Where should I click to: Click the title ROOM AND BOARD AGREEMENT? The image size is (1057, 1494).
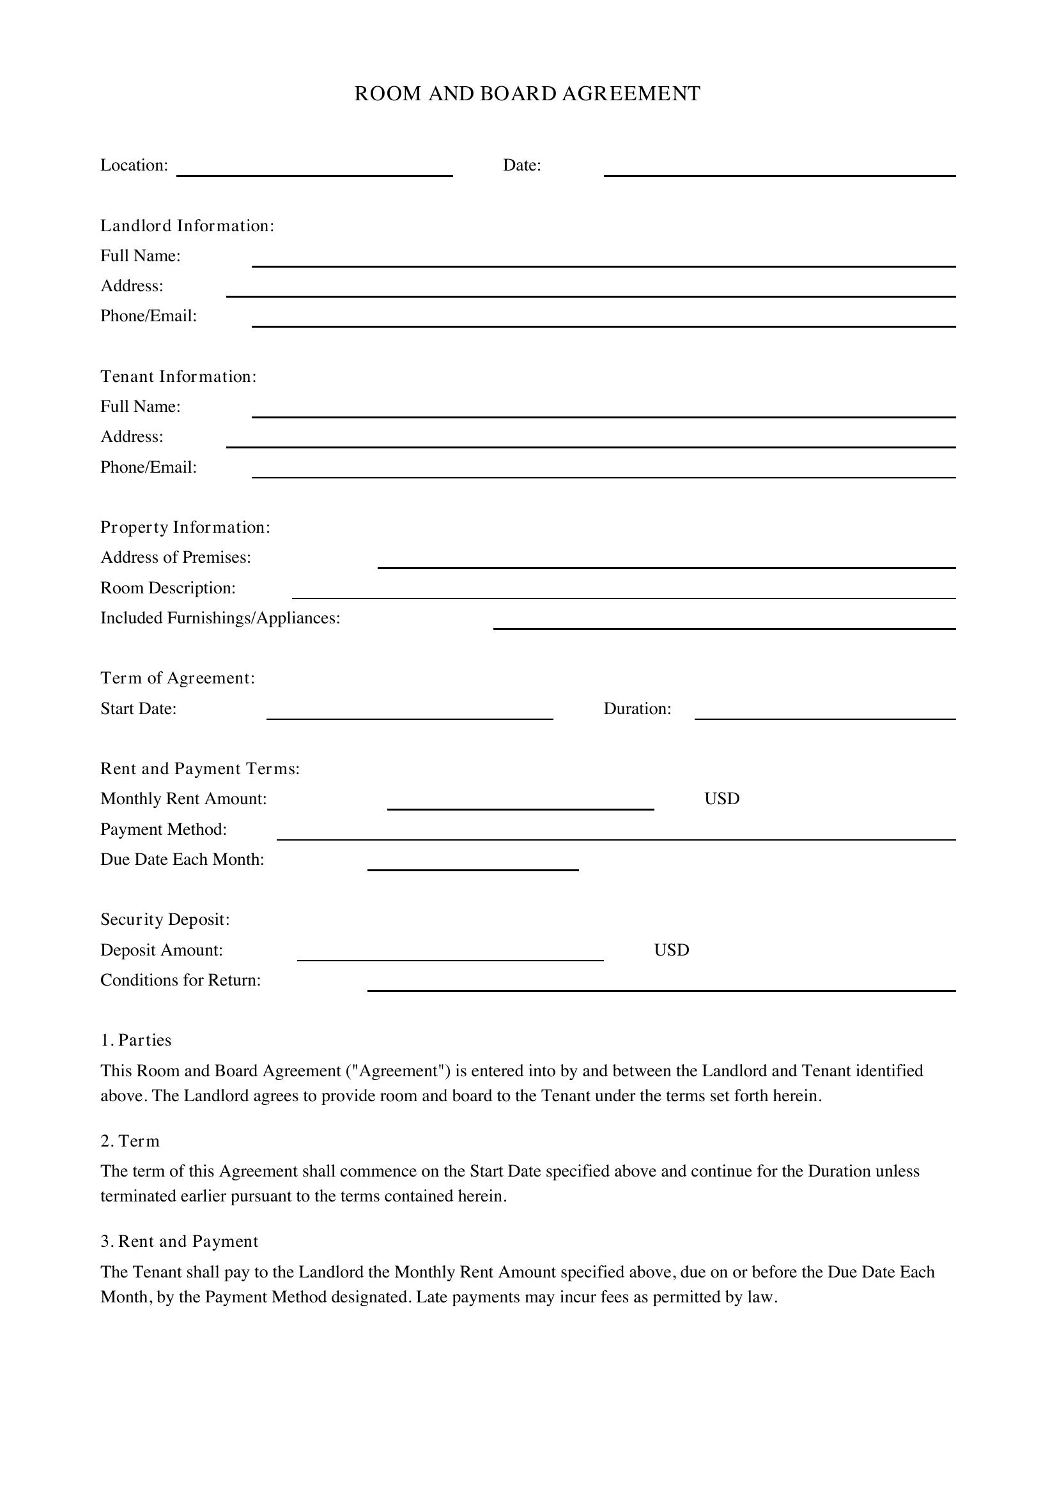click(527, 94)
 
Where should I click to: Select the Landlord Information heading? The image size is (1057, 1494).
click(187, 225)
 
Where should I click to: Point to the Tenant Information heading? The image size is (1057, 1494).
click(178, 377)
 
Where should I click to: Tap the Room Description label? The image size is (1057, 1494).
click(168, 588)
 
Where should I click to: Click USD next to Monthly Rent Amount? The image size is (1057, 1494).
click(721, 799)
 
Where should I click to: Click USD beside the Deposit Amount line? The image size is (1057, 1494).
click(671, 950)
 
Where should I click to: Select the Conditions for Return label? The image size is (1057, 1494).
click(180, 980)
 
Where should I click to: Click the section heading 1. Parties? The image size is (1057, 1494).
click(136, 1040)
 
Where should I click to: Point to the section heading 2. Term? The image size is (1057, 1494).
click(130, 1141)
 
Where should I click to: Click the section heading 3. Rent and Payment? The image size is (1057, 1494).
click(180, 1242)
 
